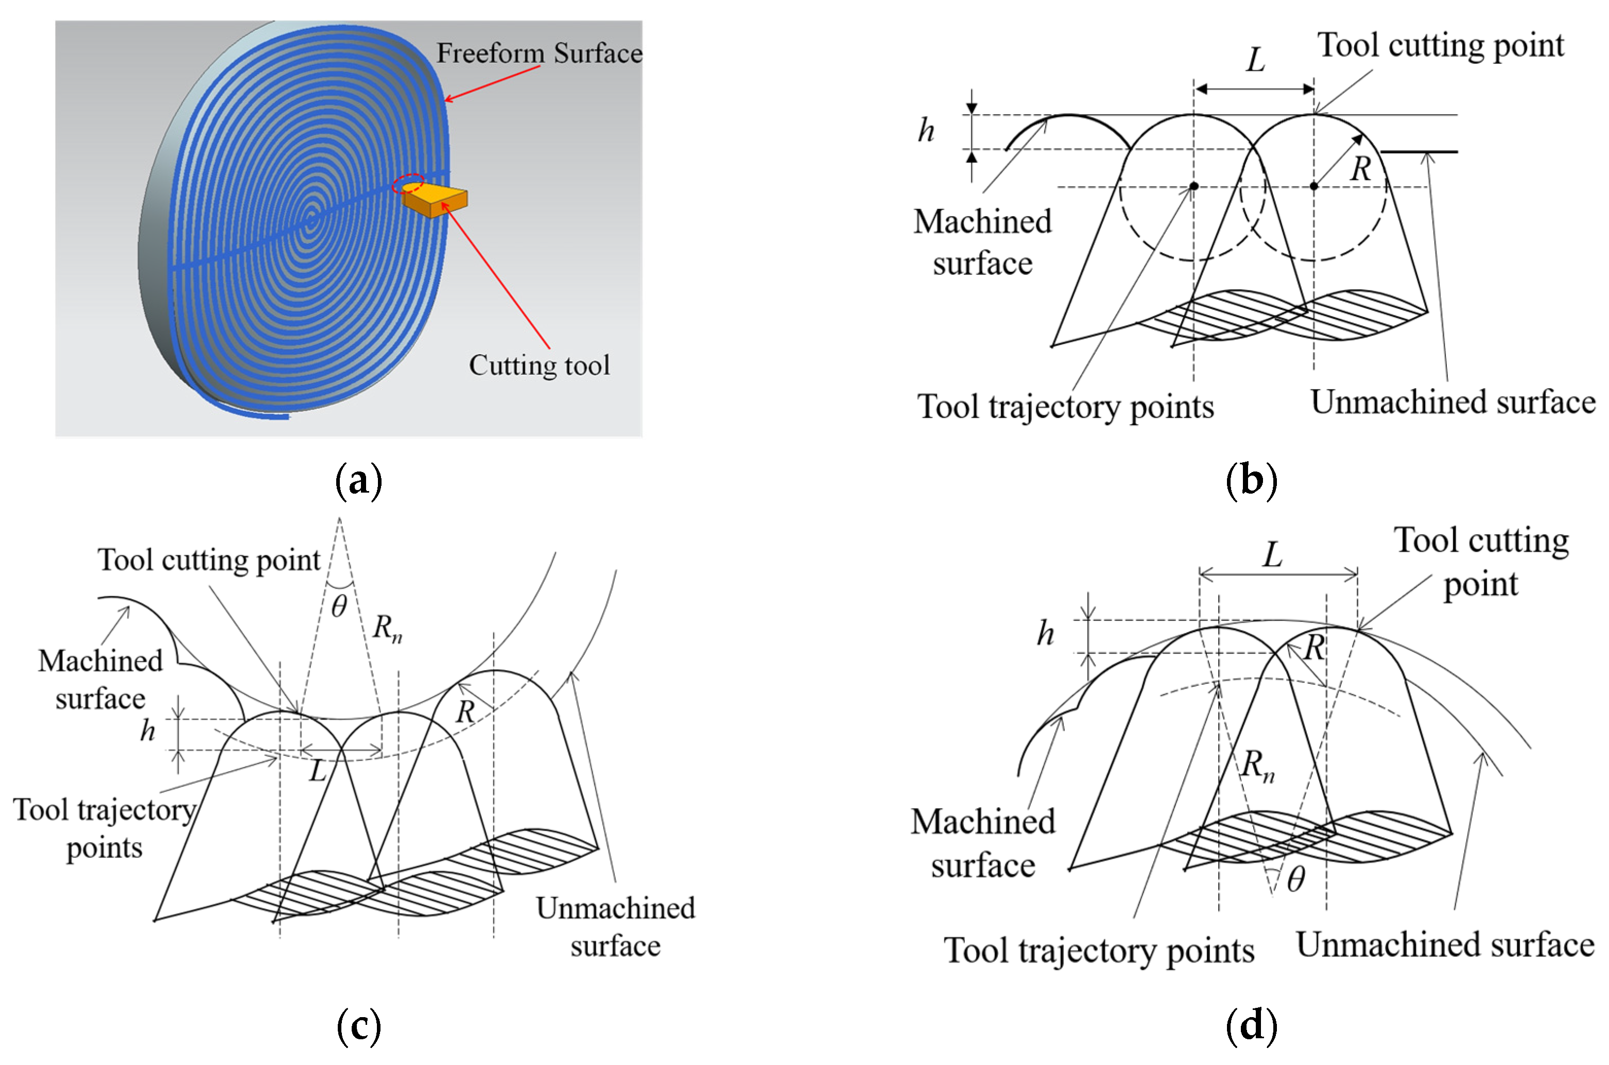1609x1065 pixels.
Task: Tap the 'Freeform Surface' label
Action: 539,53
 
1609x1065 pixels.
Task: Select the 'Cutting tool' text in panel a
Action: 539,365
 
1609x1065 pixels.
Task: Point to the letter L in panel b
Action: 1255,60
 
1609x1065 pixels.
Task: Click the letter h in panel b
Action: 926,130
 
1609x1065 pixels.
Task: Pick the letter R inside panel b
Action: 1360,168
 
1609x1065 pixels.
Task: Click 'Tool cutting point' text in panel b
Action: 1440,45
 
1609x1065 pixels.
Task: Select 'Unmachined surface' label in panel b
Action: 1452,401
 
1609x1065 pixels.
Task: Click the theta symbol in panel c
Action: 339,606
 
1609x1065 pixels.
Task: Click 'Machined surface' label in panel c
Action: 100,679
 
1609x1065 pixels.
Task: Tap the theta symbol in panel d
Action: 1296,880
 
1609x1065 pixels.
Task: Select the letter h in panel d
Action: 1045,634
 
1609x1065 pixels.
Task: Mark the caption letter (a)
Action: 358,480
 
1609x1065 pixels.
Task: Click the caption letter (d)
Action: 1251,1025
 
